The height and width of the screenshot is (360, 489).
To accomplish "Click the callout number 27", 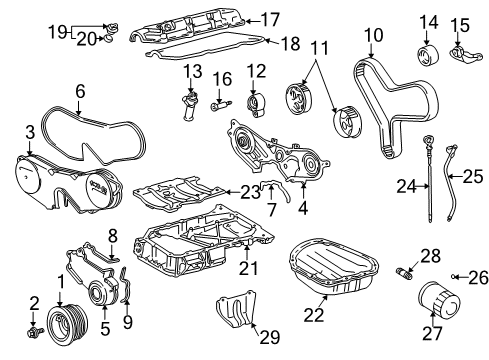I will point(432,344).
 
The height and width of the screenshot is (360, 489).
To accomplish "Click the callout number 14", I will point(427,22).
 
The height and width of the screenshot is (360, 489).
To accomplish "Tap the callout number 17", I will point(271,18).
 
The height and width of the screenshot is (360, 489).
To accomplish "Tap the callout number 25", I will point(472,176).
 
